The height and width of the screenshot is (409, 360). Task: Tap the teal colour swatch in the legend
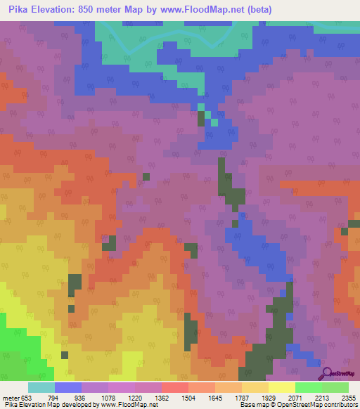pos(41,387)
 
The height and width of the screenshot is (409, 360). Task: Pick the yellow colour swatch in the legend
pos(282,387)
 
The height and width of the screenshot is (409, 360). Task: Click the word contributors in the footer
pos(338,405)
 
